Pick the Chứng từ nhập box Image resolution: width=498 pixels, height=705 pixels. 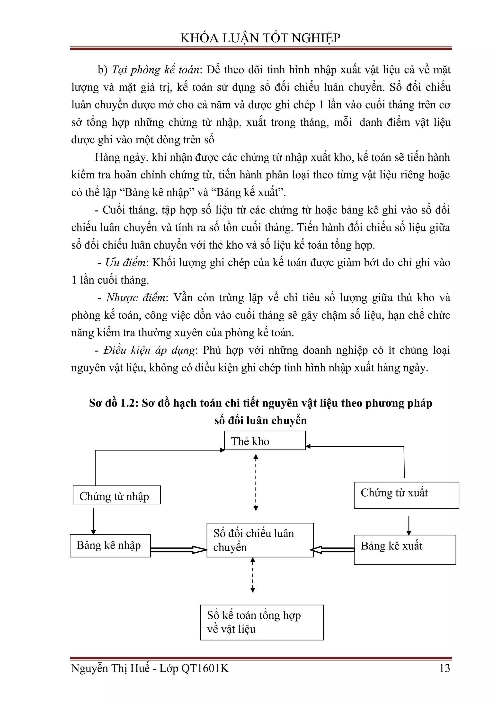116,495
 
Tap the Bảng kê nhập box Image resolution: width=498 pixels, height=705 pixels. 110,545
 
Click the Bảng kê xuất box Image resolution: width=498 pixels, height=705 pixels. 405,549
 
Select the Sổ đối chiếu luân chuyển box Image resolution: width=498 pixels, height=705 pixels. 260,540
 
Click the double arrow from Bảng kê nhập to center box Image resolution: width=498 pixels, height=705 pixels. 178,550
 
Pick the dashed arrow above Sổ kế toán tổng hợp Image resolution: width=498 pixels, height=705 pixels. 253,575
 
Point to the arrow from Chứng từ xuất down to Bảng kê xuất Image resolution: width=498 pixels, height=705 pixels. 409,525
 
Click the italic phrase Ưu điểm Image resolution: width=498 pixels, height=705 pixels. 125,262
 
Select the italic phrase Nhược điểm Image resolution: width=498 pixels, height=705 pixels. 135,297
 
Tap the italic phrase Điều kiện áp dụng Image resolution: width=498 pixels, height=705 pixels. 149,350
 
